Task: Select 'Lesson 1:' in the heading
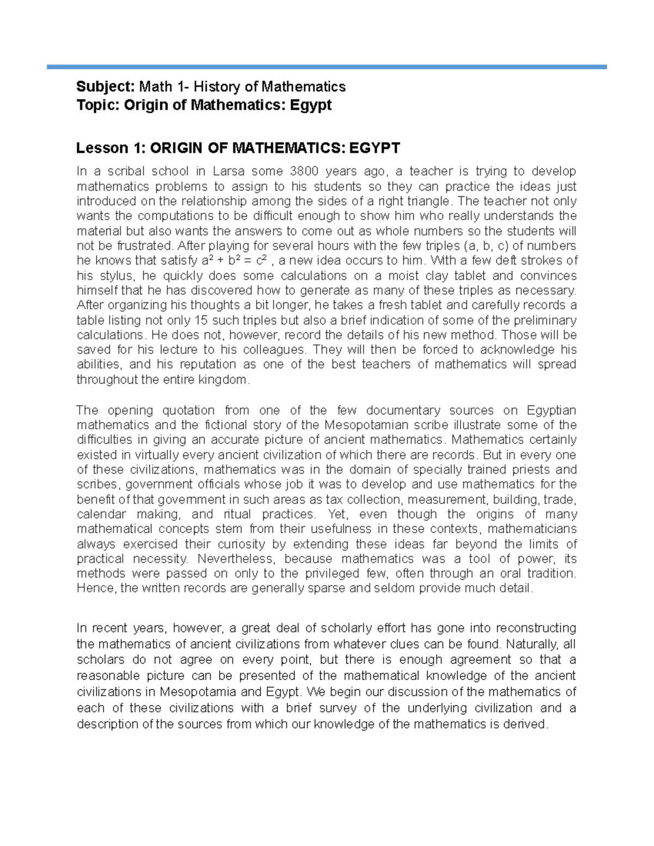110,148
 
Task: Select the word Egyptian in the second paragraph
551,410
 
